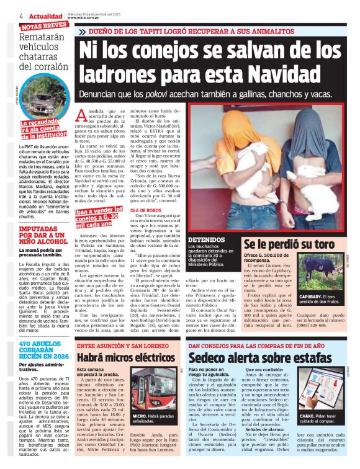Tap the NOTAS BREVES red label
pyautogui.click(x=44, y=26)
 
